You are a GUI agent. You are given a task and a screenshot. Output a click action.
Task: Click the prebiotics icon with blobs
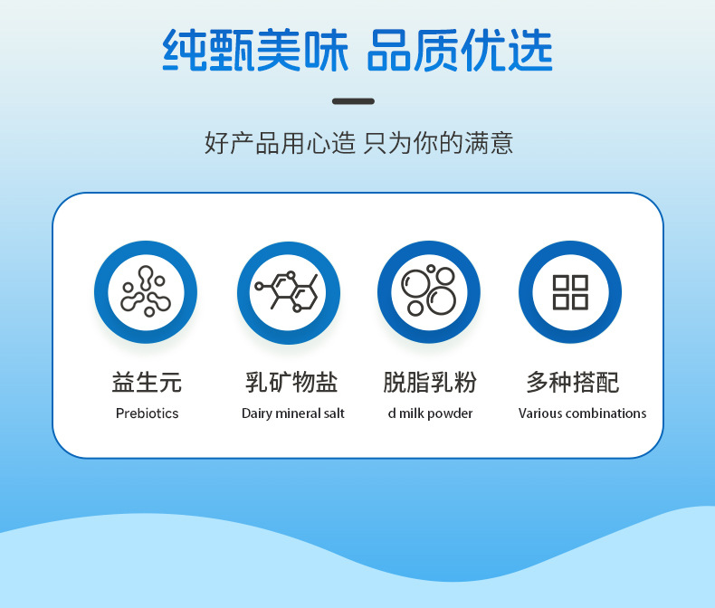[146, 291]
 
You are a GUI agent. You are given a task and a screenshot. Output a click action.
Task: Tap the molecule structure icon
[288, 292]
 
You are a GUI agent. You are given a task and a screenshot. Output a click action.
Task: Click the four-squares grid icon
[570, 291]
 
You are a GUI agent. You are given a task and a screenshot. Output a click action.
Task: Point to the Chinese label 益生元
[147, 382]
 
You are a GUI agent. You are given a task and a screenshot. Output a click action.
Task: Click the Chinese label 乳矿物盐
[291, 382]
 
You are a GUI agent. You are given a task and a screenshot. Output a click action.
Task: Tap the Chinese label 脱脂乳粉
[430, 382]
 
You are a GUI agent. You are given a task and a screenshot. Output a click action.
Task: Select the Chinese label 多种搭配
[573, 382]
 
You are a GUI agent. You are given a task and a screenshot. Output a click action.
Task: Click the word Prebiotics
[147, 413]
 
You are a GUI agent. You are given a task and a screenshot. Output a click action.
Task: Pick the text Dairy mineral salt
[292, 413]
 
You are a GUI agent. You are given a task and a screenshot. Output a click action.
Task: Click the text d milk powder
[430, 413]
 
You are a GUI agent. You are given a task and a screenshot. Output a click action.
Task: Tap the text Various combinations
[582, 413]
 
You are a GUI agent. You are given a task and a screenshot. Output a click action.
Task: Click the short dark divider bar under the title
[353, 101]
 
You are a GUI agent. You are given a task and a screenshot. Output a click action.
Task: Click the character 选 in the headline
[530, 49]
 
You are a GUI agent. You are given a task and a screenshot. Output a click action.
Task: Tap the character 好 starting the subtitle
[216, 143]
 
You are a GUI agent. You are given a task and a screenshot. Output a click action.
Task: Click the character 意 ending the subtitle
[501, 143]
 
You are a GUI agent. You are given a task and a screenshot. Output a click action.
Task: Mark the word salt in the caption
[334, 413]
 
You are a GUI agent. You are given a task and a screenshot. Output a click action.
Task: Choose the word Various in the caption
[540, 413]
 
